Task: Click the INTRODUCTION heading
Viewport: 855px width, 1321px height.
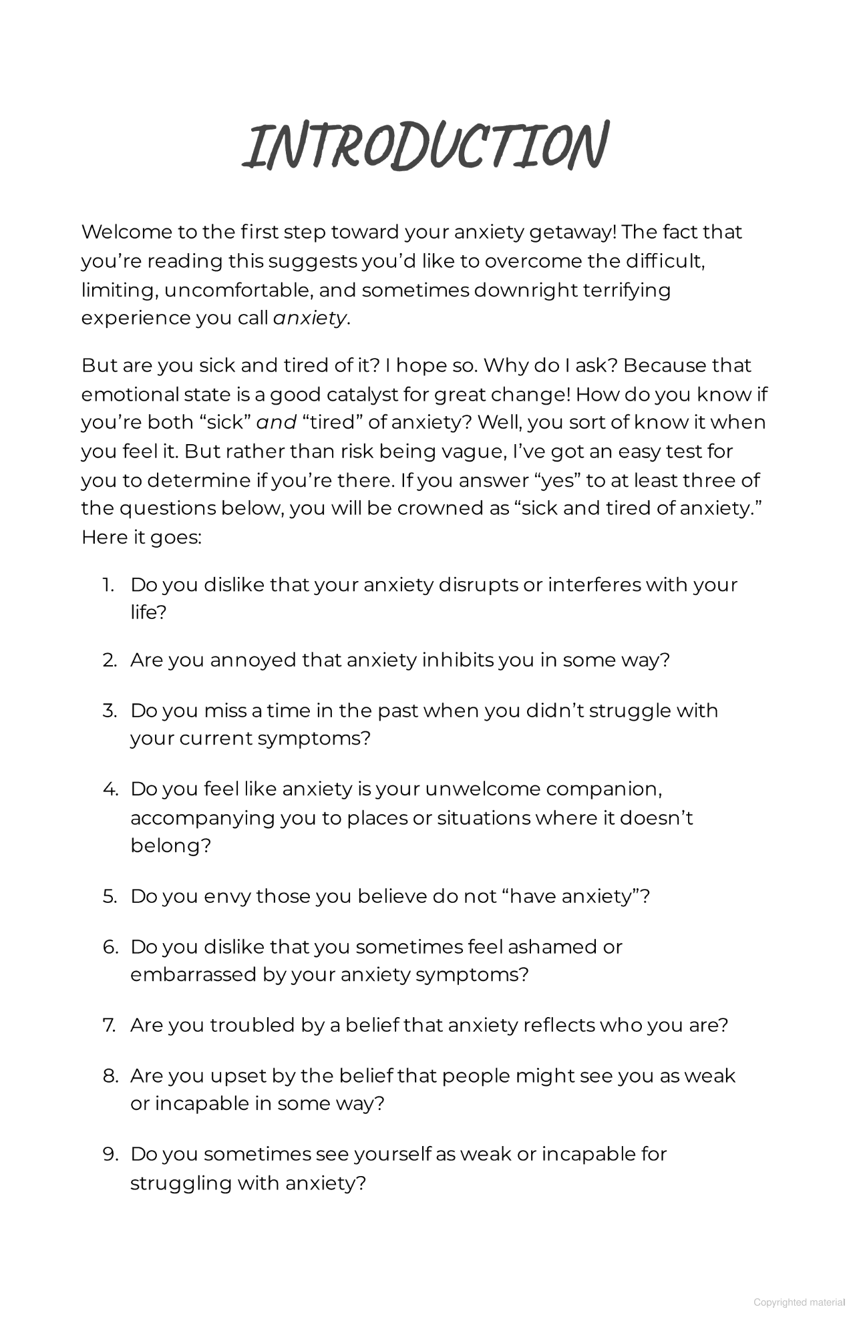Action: pos(425,146)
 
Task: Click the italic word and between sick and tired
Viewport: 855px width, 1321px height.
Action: pos(276,423)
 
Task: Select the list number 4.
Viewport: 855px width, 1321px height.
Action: pos(110,789)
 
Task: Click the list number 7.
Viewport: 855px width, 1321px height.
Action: pos(110,1025)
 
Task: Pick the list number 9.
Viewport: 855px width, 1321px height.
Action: pos(110,1154)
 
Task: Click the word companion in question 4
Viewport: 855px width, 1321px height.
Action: pos(603,789)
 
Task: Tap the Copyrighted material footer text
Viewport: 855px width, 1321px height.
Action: pos(799,1302)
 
